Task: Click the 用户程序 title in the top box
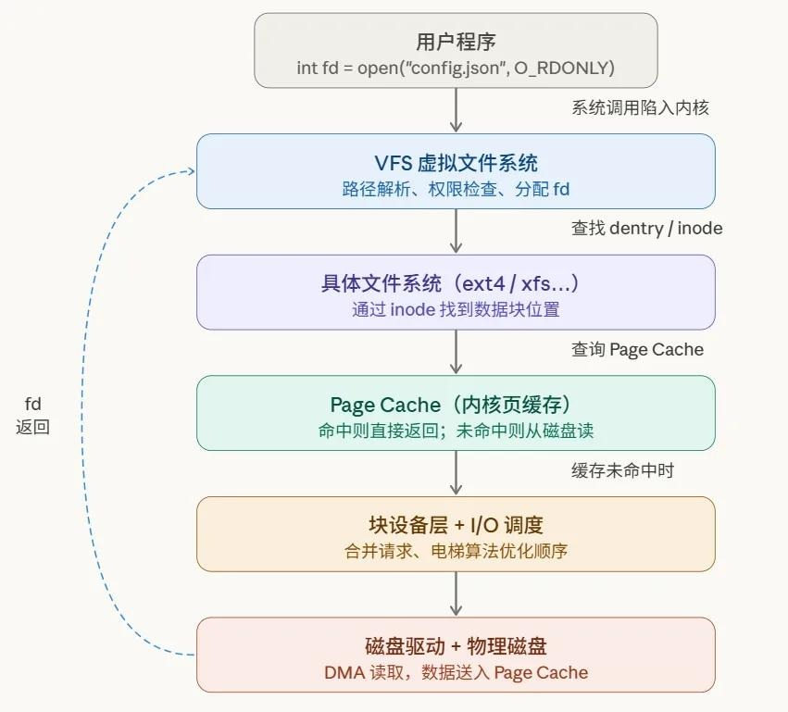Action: coord(456,42)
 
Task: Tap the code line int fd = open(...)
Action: coord(456,68)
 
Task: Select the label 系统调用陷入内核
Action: coord(640,107)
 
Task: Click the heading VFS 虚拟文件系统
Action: coord(456,163)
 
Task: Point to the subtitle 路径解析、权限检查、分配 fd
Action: coord(456,190)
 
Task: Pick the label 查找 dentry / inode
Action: coord(646,228)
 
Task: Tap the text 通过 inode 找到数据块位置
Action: coord(456,309)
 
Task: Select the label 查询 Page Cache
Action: coord(637,349)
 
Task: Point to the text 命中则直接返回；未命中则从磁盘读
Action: coord(456,431)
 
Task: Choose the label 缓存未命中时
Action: coord(622,470)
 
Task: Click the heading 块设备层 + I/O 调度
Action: coord(456,526)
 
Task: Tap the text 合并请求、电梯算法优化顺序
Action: coord(456,551)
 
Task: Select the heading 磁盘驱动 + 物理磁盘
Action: coord(456,646)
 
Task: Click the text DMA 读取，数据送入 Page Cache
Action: coord(456,673)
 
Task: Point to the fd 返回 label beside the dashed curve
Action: coord(32,415)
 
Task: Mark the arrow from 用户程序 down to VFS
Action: coord(456,110)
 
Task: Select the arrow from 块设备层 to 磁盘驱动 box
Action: coord(456,593)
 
